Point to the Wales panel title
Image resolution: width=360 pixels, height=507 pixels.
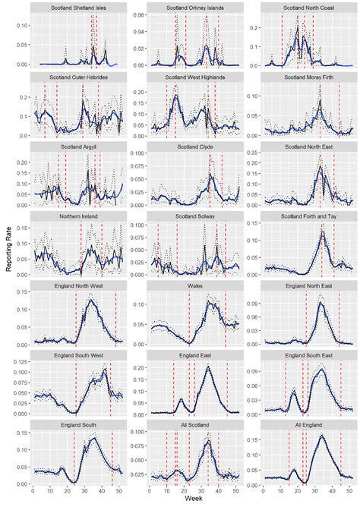click(x=194, y=285)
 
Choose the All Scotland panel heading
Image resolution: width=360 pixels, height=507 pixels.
click(x=194, y=424)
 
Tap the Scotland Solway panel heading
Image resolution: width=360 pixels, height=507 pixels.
click(x=194, y=216)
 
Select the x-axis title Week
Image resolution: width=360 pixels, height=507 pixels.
click(x=194, y=501)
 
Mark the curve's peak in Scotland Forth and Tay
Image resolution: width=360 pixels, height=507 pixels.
click(x=322, y=232)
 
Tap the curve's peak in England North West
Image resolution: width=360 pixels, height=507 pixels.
click(x=92, y=301)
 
